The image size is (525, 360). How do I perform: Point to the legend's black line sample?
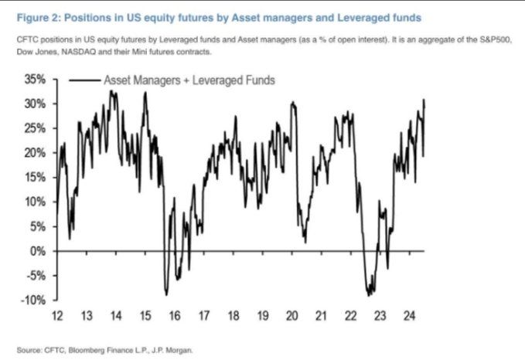(x=83, y=80)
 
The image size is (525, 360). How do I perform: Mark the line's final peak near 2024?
(x=424, y=100)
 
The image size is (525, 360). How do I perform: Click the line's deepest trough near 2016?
(x=166, y=294)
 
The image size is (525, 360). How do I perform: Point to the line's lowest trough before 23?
(x=369, y=296)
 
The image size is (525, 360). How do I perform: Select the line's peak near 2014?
(x=111, y=91)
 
